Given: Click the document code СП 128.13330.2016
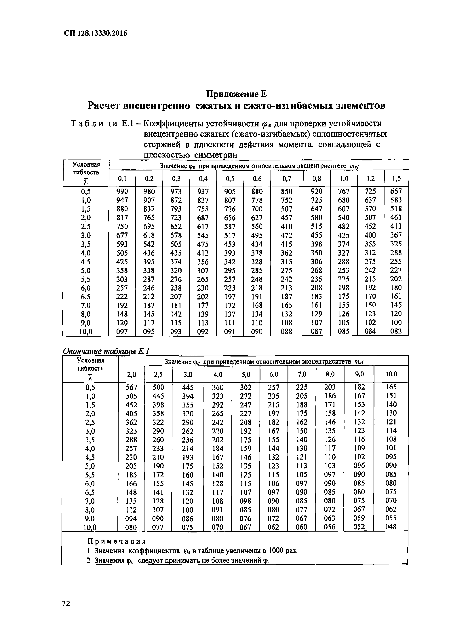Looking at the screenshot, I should pos(96,33).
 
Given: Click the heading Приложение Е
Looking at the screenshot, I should pos(236,94).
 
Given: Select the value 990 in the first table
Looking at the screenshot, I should pos(122,191).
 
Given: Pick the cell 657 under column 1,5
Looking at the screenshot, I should pos(396,191).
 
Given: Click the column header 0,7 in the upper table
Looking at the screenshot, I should pos(287,178).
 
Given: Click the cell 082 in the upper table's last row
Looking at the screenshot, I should pos(396,331).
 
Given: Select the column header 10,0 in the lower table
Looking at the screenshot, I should pos(391,374).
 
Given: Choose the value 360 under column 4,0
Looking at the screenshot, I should pos(218,387).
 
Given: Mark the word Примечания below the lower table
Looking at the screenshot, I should pos(117,542).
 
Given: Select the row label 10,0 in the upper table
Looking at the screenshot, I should pos(86,332).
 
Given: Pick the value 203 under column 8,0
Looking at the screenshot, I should pos(330,387).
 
